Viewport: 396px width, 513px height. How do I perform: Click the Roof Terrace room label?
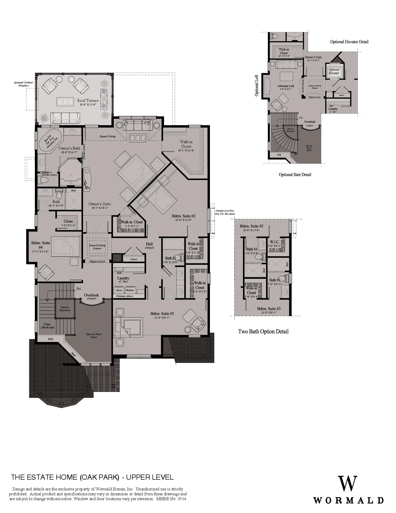pyautogui.click(x=88, y=101)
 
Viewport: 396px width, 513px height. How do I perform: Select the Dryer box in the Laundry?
pyautogui.click(x=119, y=290)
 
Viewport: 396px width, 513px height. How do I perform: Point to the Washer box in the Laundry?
pyautogui.click(x=130, y=290)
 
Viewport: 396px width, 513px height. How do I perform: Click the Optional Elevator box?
pyautogui.click(x=334, y=71)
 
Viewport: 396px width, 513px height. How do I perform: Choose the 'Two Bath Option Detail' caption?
pyautogui.click(x=263, y=331)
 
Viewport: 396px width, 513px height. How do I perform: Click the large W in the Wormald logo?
pyautogui.click(x=347, y=484)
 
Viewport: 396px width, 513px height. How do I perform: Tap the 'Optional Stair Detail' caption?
pyautogui.click(x=295, y=175)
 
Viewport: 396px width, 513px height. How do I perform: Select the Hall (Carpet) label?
pyautogui.click(x=149, y=245)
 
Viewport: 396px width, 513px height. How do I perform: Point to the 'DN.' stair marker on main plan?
pyautogui.click(x=79, y=289)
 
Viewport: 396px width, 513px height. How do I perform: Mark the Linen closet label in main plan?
pyautogui.click(x=134, y=259)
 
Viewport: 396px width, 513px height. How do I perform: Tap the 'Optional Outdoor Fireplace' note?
pyautogui.click(x=23, y=84)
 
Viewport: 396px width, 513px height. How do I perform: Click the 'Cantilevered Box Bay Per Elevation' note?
pyautogui.click(x=225, y=212)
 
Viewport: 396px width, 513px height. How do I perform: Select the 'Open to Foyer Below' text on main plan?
pyautogui.click(x=94, y=336)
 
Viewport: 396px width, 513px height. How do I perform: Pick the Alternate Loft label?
pyautogui.click(x=286, y=86)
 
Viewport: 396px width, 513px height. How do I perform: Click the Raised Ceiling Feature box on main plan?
pyautogui.click(x=97, y=247)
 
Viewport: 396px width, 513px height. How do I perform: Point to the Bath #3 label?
pyautogui.click(x=251, y=249)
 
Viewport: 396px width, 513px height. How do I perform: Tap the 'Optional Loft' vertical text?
pyautogui.click(x=257, y=85)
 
